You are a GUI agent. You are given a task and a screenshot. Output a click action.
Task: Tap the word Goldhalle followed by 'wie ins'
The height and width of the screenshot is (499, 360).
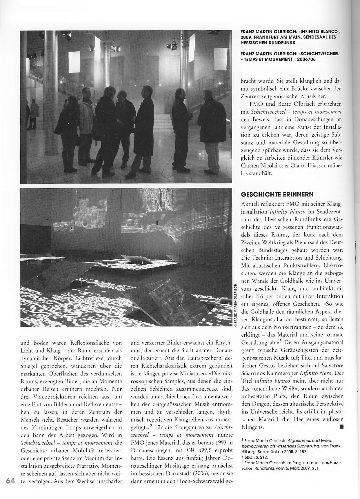[294, 274]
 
